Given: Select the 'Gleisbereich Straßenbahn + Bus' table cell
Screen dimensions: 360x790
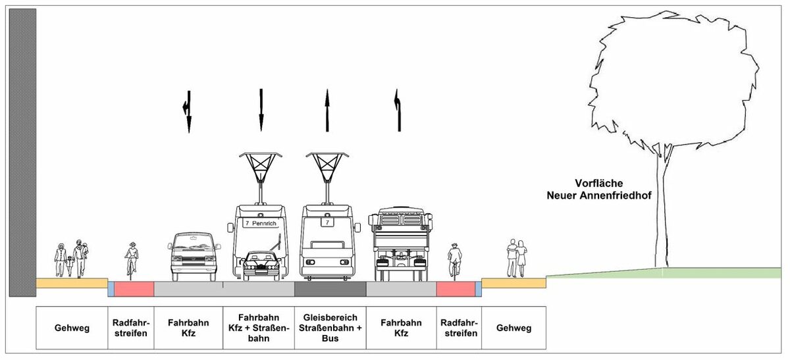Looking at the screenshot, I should pyautogui.click(x=328, y=327).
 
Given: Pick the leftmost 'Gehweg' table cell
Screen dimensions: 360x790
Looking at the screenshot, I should pyautogui.click(x=72, y=328).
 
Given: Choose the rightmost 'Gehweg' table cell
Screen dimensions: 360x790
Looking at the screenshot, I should pyautogui.click(x=513, y=328).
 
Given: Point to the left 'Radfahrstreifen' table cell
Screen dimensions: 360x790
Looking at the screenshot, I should pyautogui.click(x=131, y=327).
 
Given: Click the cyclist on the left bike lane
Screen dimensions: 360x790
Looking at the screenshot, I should pyautogui.click(x=132, y=259).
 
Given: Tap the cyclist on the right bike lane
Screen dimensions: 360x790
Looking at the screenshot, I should pyautogui.click(x=454, y=260).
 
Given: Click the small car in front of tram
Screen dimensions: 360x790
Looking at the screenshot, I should pyautogui.click(x=263, y=265).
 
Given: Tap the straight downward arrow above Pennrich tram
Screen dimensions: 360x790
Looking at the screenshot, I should pyautogui.click(x=261, y=109).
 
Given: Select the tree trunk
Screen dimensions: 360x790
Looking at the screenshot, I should pyautogui.click(x=660, y=211).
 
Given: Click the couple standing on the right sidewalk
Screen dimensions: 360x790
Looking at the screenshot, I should pyautogui.click(x=515, y=258).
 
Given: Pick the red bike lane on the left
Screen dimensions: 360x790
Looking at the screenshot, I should pyautogui.click(x=134, y=289).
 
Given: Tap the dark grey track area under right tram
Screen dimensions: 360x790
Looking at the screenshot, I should pyautogui.click(x=329, y=289).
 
